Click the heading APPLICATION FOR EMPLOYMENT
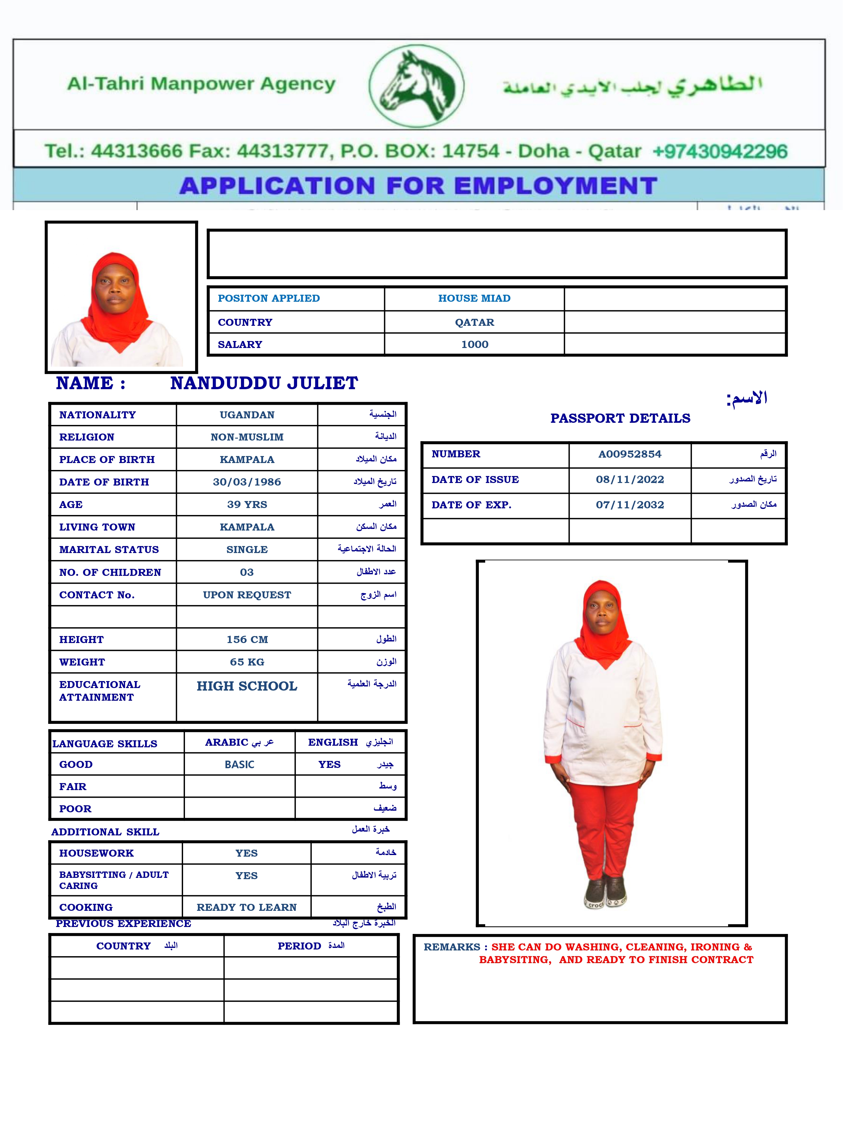[418, 186]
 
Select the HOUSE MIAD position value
[474, 298]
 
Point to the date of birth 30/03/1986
[247, 482]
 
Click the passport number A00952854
[630, 454]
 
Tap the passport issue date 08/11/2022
[630, 479]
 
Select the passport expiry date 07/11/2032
[630, 505]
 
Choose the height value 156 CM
[247, 640]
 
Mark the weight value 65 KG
[247, 662]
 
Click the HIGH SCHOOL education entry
[247, 686]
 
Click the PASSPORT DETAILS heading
[620, 418]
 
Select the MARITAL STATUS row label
[109, 550]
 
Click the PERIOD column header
[299, 946]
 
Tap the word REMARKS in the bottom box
[452, 947]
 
